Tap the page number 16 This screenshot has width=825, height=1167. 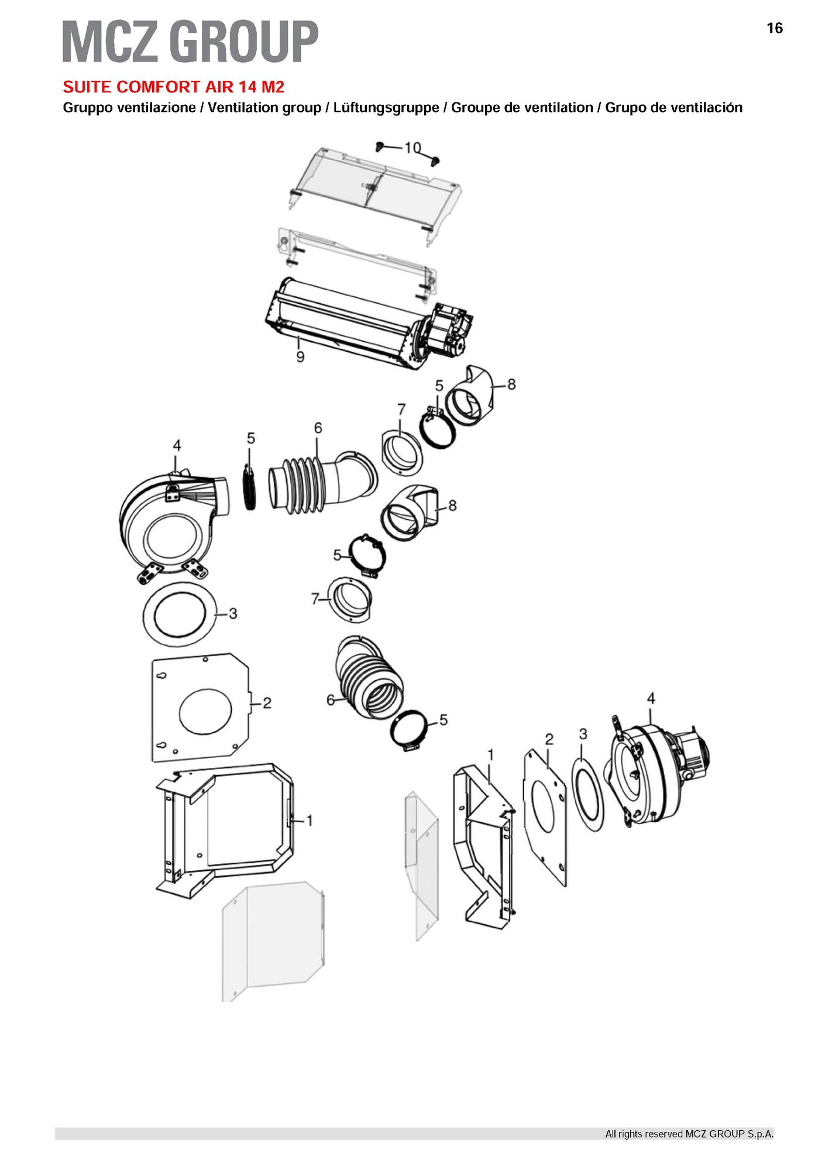tap(774, 28)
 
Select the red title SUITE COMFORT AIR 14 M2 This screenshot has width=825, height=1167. tap(174, 87)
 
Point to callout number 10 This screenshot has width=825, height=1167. tap(412, 147)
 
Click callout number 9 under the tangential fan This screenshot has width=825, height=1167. tap(300, 356)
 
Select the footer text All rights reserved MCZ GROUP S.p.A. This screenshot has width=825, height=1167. tap(689, 1134)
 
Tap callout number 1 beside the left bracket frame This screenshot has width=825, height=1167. tap(310, 821)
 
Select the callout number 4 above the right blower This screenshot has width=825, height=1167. tap(651, 698)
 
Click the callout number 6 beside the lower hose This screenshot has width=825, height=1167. tap(331, 700)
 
